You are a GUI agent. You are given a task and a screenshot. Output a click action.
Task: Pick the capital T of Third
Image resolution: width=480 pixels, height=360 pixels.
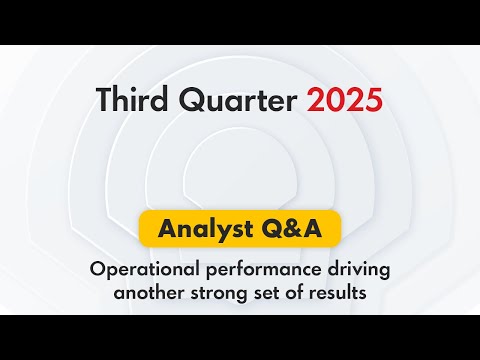(x=103, y=100)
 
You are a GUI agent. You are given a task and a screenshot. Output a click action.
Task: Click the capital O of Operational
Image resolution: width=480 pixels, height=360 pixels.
(x=97, y=269)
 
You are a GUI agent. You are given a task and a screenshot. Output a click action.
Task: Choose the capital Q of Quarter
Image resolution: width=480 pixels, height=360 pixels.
(x=180, y=100)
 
